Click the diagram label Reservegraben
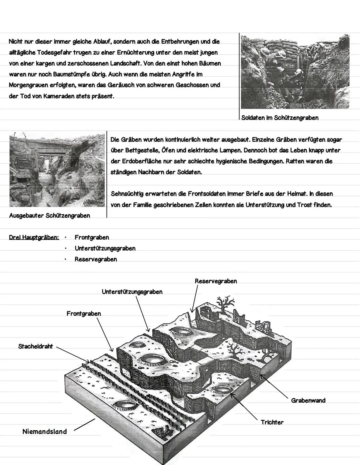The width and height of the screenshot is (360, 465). [216, 281]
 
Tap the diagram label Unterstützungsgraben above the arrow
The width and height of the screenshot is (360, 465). [132, 292]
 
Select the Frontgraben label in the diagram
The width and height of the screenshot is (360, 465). [83, 314]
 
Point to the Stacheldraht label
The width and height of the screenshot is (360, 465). [35, 346]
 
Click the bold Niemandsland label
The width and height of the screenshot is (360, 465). [44, 431]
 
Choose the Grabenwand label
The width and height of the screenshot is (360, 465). [308, 400]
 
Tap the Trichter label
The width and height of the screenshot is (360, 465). [272, 422]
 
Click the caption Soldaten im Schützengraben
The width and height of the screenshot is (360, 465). [280, 118]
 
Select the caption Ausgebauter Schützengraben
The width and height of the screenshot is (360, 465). [50, 216]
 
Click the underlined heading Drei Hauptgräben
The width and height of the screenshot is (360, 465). [34, 237]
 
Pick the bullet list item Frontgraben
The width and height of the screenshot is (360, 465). [92, 237]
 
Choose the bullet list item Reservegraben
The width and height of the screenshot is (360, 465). [96, 259]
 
